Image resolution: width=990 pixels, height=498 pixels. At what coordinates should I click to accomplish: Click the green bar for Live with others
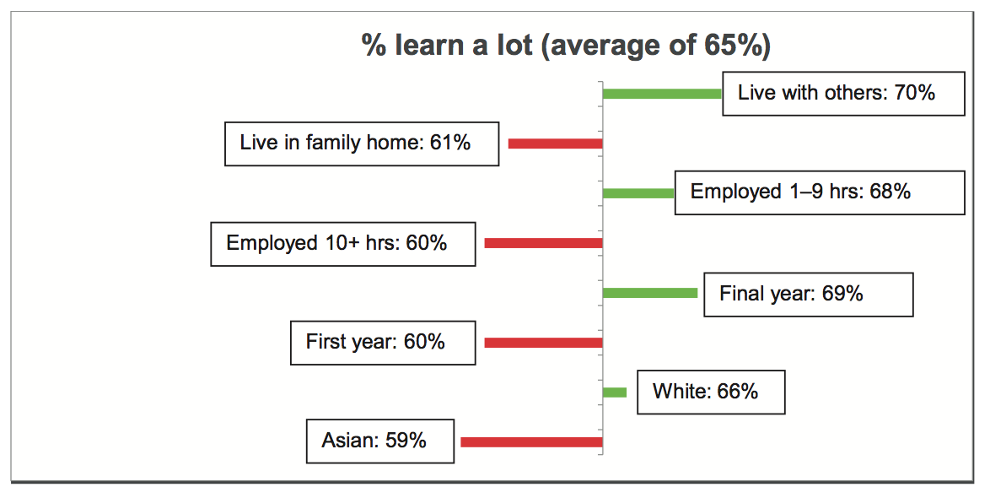pyautogui.click(x=662, y=95)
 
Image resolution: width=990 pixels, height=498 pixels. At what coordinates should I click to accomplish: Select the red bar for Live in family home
pyautogui.click(x=556, y=144)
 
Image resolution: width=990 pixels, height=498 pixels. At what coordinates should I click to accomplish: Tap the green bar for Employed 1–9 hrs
pyautogui.click(x=638, y=193)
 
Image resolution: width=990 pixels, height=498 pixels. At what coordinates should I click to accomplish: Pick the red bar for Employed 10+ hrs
pyautogui.click(x=544, y=243)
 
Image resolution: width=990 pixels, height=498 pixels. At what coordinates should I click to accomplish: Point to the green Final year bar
pyautogui.click(x=650, y=293)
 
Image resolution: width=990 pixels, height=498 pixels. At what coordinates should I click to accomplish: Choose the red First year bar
pyautogui.click(x=544, y=343)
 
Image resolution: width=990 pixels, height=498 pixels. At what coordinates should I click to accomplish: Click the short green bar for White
pyautogui.click(x=615, y=392)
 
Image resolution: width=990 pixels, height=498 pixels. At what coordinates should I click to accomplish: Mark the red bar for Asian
pyautogui.click(x=531, y=442)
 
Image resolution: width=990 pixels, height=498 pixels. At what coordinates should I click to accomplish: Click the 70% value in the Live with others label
pyautogui.click(x=914, y=93)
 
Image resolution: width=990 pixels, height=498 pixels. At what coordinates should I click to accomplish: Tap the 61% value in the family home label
pyautogui.click(x=450, y=142)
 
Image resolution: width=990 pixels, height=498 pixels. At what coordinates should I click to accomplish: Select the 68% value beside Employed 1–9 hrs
pyautogui.click(x=890, y=192)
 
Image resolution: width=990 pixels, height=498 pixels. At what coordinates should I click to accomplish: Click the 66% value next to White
pyautogui.click(x=738, y=391)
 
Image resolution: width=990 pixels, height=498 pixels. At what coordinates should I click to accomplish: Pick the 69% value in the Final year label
pyautogui.click(x=842, y=293)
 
